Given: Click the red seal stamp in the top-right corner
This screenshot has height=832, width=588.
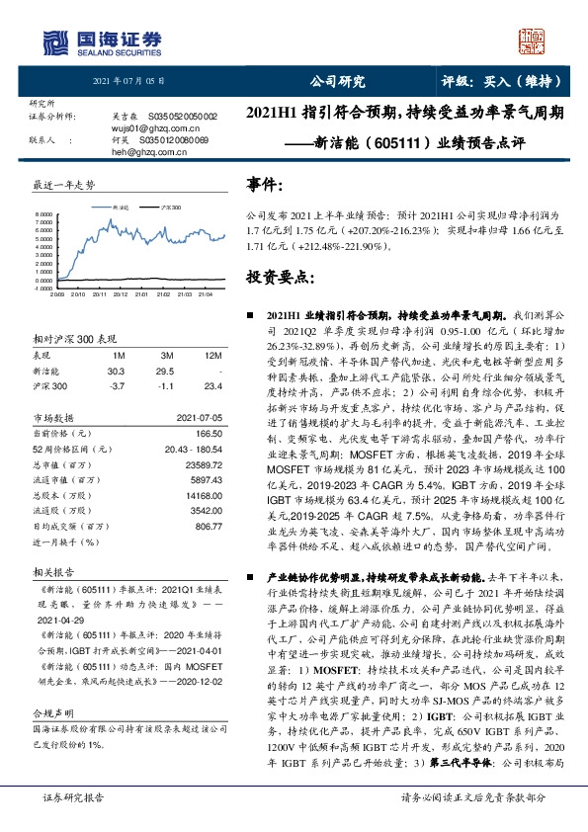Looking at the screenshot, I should point(535,42).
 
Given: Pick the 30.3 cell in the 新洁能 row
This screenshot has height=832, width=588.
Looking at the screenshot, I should point(119,370).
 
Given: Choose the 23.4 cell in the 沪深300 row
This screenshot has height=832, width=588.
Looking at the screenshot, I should point(214,385).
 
